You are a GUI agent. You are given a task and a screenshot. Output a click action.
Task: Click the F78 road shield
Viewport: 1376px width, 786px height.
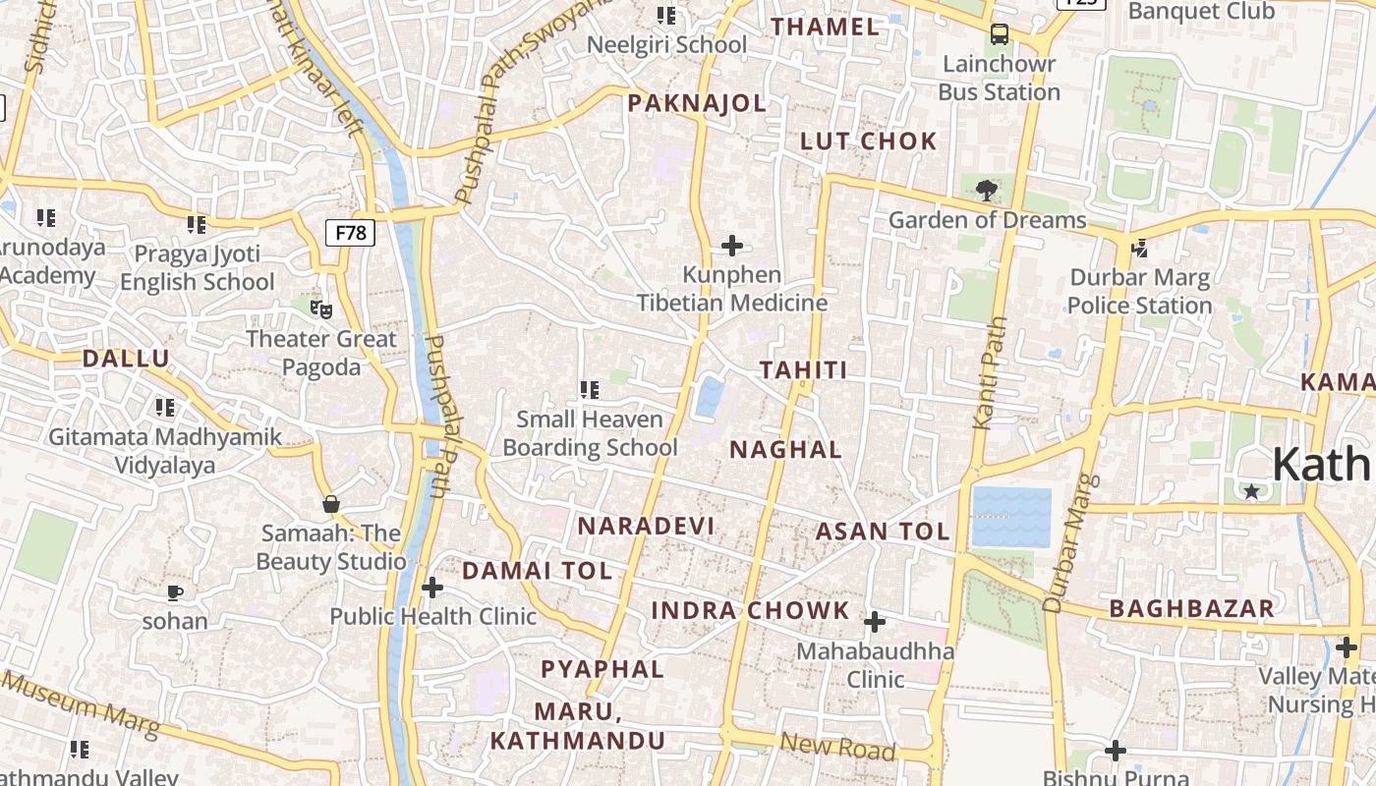point(350,233)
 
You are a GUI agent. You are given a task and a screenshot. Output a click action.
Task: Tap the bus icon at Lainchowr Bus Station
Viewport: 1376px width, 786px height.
point(1000,34)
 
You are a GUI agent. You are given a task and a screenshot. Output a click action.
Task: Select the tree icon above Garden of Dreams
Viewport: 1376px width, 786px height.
point(986,190)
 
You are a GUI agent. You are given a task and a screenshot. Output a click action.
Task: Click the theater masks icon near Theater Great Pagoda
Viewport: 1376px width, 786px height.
point(320,309)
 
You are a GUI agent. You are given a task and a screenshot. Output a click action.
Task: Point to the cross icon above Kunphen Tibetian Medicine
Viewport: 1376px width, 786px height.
point(732,245)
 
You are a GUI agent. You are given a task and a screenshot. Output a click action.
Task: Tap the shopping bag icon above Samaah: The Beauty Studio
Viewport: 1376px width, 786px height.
point(331,504)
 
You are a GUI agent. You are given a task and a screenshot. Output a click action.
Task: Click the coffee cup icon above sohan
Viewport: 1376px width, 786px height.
point(175,592)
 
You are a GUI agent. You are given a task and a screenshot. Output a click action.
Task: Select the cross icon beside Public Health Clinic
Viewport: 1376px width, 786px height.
point(431,588)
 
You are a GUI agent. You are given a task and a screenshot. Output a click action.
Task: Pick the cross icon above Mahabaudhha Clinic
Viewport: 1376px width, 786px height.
point(874,622)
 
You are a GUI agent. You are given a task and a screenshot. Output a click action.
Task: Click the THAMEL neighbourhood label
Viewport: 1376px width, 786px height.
point(826,27)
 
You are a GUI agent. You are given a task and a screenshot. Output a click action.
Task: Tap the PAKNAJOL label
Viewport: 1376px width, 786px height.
point(697,103)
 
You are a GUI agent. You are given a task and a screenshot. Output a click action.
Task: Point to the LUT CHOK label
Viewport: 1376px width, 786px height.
point(869,140)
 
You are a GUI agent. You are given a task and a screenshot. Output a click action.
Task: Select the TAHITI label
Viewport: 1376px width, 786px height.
point(803,370)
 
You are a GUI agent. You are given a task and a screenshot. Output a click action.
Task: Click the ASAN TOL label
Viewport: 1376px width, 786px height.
point(883,532)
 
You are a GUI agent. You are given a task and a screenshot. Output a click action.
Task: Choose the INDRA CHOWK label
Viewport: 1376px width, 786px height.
point(750,610)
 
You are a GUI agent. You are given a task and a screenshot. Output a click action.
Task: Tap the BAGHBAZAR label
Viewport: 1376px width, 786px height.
point(1191,608)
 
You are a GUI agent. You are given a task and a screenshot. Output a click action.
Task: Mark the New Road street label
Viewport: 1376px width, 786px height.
point(838,748)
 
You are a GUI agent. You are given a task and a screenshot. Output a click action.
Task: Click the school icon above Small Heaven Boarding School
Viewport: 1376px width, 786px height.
point(590,390)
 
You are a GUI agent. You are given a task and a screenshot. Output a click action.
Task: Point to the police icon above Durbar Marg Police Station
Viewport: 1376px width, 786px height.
point(1140,249)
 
